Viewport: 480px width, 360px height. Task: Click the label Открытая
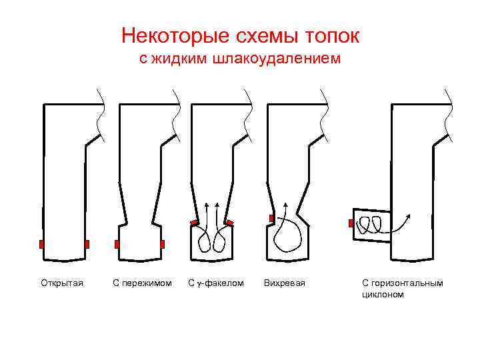(62, 283)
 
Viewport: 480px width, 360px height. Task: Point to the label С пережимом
(142, 283)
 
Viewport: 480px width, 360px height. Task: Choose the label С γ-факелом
(216, 283)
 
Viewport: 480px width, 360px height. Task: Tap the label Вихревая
(285, 283)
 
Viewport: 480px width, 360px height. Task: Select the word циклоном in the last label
(383, 294)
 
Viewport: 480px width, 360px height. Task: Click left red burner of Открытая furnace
(41, 244)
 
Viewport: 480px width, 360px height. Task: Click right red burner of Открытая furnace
(87, 244)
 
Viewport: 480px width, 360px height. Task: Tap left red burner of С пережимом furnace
(117, 244)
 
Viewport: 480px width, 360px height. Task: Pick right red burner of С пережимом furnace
(162, 244)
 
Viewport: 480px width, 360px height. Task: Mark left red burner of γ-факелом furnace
(193, 222)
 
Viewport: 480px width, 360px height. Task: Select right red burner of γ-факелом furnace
(229, 222)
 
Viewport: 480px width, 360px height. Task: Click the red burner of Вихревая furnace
(271, 219)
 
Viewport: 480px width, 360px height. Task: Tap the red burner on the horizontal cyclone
(351, 223)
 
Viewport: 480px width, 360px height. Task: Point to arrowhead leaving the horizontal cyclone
(409, 216)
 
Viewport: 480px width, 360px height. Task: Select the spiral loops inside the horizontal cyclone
(370, 225)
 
